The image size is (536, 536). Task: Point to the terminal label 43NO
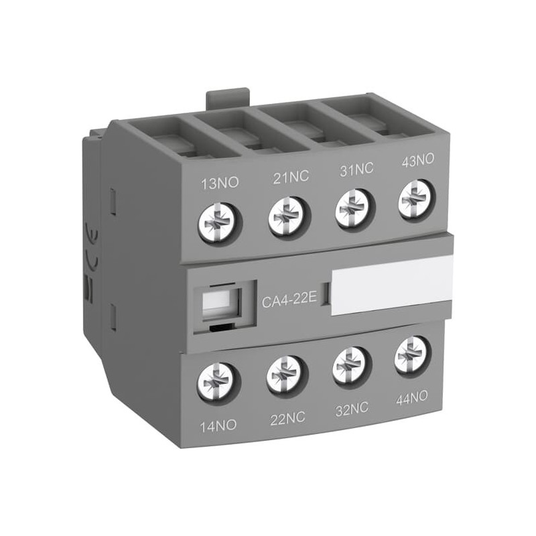[x=417, y=161]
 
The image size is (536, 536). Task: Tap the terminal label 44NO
[x=411, y=398]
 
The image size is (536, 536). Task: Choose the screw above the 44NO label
[x=411, y=354]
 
